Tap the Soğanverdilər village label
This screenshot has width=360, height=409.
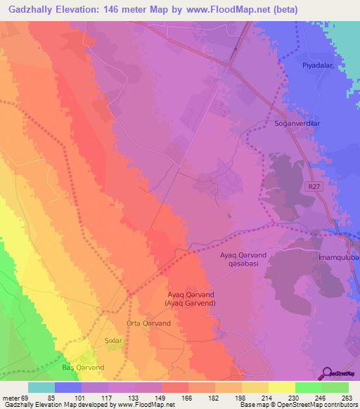pyautogui.click(x=296, y=123)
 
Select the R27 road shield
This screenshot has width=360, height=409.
pyautogui.click(x=314, y=186)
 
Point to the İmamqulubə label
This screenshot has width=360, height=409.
pyautogui.click(x=338, y=259)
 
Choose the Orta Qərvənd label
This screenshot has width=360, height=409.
pyautogui.click(x=148, y=323)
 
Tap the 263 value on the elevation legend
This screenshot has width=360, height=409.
pyautogui.click(x=346, y=397)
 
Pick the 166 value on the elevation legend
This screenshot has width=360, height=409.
pyautogui.click(x=186, y=397)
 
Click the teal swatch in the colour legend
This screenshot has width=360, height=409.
pyautogui.click(x=41, y=387)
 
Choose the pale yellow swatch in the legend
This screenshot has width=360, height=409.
pyautogui.click(x=281, y=387)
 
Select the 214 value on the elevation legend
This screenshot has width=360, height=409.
pyautogui.click(x=266, y=397)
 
